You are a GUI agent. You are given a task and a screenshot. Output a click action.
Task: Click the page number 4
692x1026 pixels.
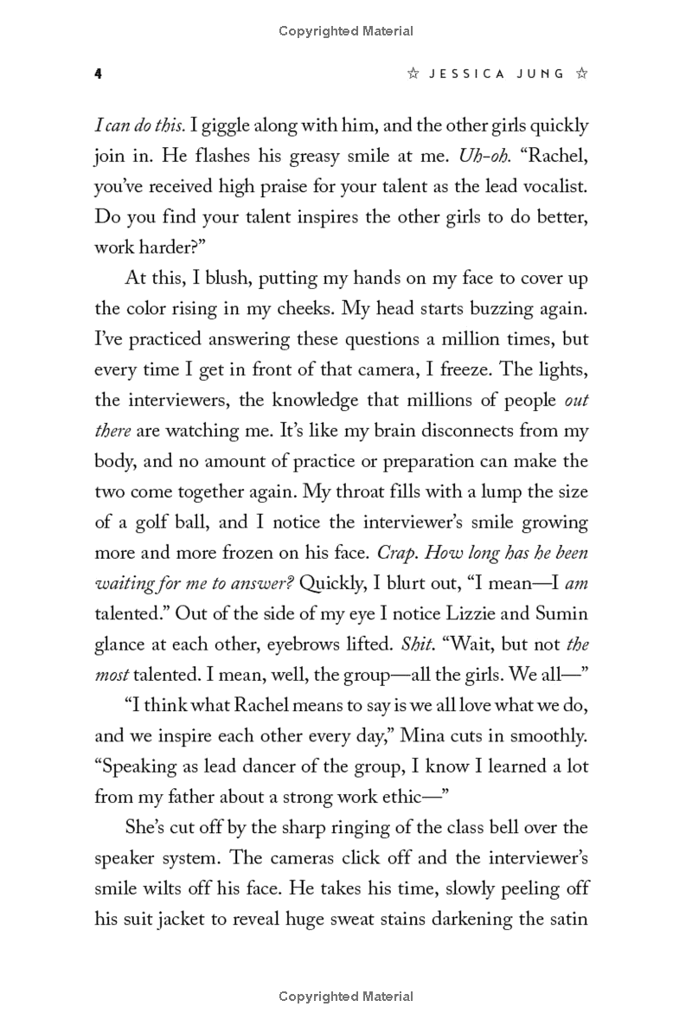pos(99,74)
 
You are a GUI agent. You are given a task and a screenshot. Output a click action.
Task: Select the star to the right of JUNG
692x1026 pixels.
pos(582,74)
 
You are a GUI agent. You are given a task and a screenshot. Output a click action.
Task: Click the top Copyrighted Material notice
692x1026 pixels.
pos(346,31)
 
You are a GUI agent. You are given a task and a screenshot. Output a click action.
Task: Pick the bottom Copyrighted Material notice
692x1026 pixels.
pos(346,997)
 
